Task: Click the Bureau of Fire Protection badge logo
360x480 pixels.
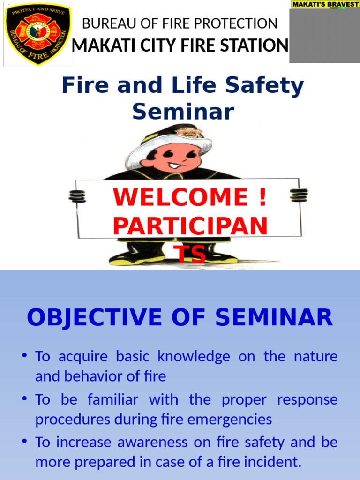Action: click(38, 34)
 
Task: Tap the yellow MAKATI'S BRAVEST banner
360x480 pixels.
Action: click(325, 4)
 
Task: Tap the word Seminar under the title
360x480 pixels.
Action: click(183, 112)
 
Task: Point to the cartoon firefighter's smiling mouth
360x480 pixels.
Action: click(174, 165)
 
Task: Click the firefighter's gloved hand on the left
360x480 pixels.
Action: click(77, 195)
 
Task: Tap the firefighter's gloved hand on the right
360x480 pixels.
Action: click(299, 195)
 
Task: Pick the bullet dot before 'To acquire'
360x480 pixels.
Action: click(23, 356)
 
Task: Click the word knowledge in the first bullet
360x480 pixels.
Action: click(194, 357)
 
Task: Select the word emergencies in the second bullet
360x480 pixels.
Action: click(233, 419)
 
